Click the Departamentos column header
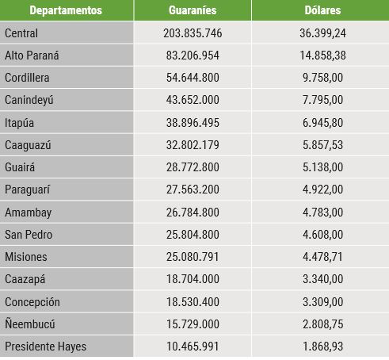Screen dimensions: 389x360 click(66, 10)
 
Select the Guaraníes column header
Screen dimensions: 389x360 click(193, 10)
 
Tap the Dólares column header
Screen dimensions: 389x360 click(322, 10)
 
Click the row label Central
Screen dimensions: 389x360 click(21, 33)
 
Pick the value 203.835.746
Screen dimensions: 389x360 click(193, 33)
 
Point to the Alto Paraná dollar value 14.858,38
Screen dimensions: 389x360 click(322, 56)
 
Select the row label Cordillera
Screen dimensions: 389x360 click(27, 78)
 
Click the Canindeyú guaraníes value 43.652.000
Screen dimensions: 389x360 click(193, 100)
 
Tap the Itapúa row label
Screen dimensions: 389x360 click(19, 123)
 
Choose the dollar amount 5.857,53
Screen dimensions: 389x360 click(322, 145)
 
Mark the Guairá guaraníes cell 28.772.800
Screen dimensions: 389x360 click(193, 167)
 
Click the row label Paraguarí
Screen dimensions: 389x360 click(27, 190)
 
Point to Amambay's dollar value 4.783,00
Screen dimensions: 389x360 click(322, 213)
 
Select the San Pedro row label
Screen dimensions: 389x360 click(29, 235)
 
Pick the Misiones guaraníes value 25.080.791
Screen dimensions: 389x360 click(193, 257)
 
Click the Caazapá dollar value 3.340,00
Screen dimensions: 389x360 click(322, 279)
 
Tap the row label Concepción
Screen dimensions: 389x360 click(32, 302)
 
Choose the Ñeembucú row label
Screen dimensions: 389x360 click(30, 324)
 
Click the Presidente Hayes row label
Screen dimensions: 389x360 click(45, 347)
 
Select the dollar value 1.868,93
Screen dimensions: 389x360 click(322, 347)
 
